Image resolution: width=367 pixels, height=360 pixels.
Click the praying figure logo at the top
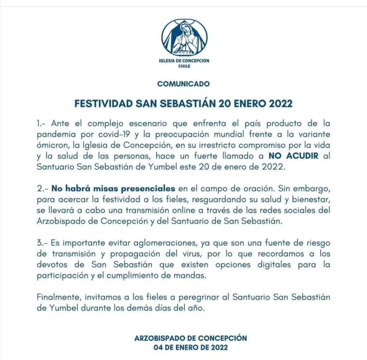[x=184, y=38]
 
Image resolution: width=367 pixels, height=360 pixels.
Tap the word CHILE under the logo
[x=184, y=66]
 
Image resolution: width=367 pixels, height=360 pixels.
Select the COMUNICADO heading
[x=183, y=84]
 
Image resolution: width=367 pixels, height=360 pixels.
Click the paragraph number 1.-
[x=42, y=124]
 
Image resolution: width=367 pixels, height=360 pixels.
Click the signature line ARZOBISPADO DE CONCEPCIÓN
[x=191, y=338]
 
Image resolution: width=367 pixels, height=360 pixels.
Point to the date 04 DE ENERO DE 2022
[x=190, y=347]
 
